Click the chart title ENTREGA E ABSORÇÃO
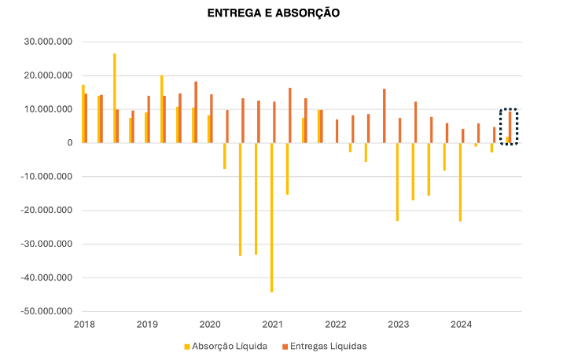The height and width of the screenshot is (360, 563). coord(273,13)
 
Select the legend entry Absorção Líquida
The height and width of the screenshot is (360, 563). coord(228,345)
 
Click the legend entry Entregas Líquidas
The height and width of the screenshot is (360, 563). coord(328,345)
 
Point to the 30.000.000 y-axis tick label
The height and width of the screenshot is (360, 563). coord(50,42)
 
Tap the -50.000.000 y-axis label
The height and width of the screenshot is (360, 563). coord(48,311)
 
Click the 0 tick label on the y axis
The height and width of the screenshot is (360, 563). coord(69,143)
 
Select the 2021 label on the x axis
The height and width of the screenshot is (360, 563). coord(273,324)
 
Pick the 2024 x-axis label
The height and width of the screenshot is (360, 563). coord(462,324)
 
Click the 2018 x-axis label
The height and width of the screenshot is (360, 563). coord(84,324)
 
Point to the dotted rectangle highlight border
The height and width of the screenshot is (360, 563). coord(501,126)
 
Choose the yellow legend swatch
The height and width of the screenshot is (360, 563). coord(186,346)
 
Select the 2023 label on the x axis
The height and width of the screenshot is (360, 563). coord(399,324)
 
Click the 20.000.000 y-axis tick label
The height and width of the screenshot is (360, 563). coord(50,75)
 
